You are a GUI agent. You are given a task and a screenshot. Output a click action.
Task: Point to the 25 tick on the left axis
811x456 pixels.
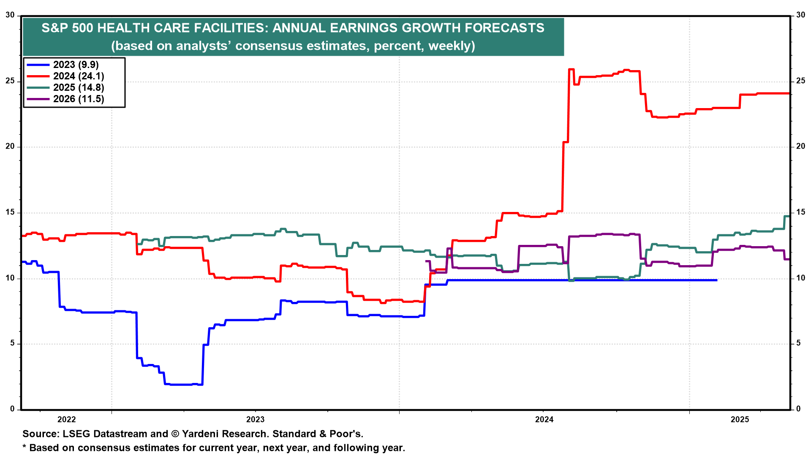10,81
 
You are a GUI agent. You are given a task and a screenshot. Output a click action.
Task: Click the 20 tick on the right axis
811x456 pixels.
800,147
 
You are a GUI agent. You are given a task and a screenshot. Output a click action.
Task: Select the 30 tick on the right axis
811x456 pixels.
800,15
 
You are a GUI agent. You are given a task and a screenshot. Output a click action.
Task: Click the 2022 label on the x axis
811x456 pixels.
66,419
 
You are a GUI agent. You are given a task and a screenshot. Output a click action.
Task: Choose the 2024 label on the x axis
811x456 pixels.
544,419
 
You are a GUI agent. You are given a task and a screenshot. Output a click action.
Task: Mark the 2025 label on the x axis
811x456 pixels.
740,419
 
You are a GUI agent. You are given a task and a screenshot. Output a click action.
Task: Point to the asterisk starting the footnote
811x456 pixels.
24,447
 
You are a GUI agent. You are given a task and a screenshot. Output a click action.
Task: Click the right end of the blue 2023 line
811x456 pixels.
716,280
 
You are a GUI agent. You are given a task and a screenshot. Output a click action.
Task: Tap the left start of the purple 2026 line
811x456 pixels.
426,261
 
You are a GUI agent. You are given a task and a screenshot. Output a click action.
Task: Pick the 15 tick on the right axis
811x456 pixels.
800,212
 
